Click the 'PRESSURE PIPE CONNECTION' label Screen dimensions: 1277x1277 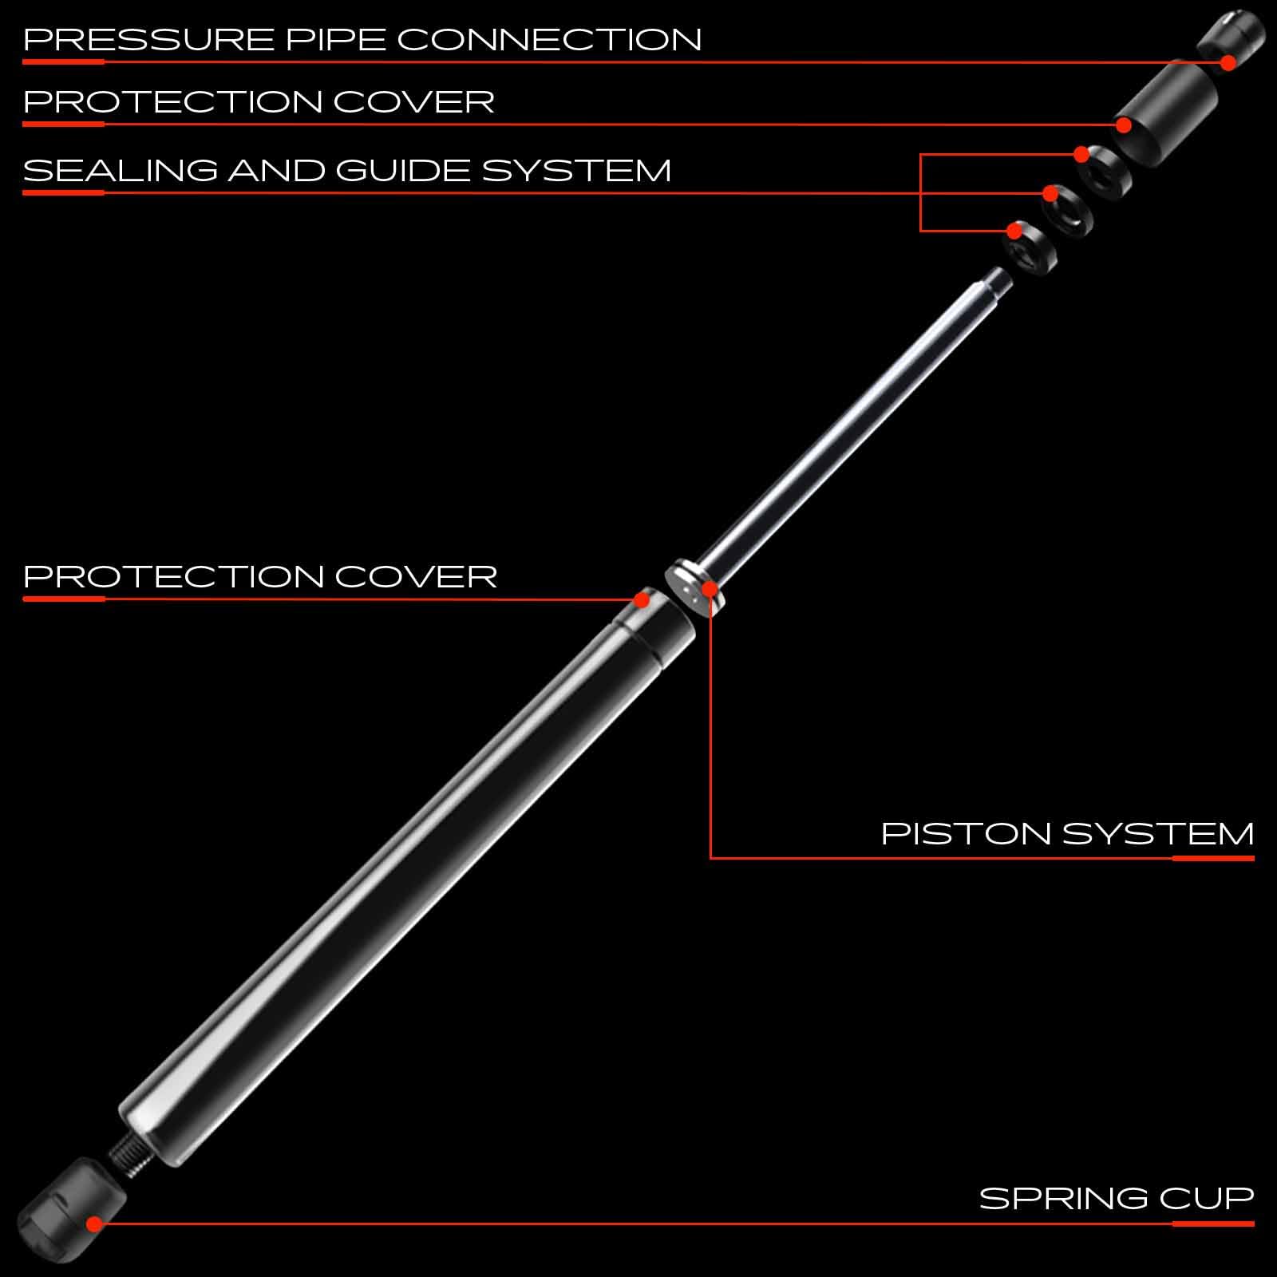tap(362, 40)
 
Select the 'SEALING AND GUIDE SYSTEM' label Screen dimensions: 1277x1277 tap(347, 171)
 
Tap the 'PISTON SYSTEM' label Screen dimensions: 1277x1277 tap(1067, 834)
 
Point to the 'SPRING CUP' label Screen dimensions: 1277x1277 tap(1117, 1199)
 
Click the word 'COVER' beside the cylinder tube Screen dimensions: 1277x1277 tap(416, 576)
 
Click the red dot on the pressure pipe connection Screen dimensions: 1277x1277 tap(1228, 61)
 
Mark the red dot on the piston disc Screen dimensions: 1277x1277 tap(710, 591)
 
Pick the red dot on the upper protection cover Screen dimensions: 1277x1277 tap(1124, 125)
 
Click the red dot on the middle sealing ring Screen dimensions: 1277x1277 tap(1050, 193)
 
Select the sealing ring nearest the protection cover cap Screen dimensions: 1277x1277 tap(1106, 172)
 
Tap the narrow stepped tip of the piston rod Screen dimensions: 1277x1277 tap(995, 280)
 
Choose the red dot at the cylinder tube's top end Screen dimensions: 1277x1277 tap(641, 599)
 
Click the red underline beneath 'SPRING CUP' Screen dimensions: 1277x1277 tap(1213, 1224)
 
